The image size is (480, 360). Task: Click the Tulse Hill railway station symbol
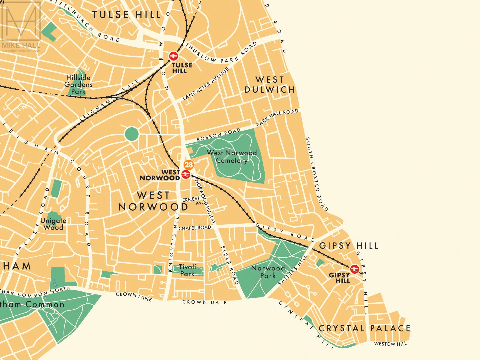(x=174, y=56)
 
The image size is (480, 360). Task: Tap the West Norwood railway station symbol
(x=186, y=174)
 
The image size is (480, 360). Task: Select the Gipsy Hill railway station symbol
(x=354, y=269)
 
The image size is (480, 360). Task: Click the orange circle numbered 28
(x=189, y=165)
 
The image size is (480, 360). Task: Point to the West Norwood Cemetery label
(x=232, y=156)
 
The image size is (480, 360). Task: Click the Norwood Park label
(x=268, y=272)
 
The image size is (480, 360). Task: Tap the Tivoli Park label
(x=187, y=270)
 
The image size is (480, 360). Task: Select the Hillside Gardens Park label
(x=78, y=84)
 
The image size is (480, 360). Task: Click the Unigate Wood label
(x=53, y=224)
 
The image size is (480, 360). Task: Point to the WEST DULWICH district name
(x=270, y=85)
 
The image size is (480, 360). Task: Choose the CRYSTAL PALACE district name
(x=365, y=328)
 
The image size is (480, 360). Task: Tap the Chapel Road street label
(x=195, y=228)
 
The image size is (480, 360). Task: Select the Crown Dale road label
(x=204, y=302)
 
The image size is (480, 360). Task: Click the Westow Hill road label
(x=390, y=344)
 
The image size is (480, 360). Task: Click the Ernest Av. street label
(x=192, y=200)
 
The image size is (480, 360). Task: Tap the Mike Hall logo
(x=21, y=27)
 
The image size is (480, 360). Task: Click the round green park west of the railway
(x=131, y=134)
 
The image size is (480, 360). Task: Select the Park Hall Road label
(x=277, y=117)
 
